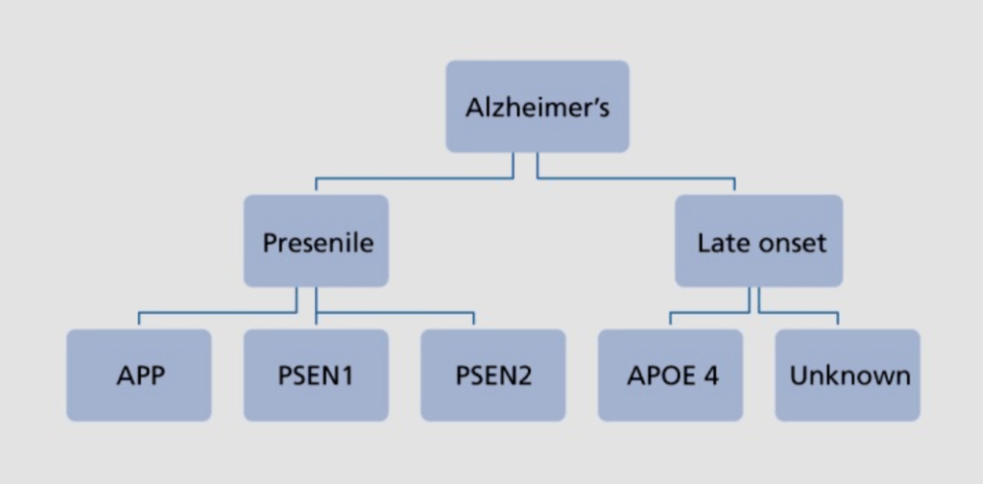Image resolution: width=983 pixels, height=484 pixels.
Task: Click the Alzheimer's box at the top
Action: click(x=537, y=107)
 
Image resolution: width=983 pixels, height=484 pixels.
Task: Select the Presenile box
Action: click(x=316, y=241)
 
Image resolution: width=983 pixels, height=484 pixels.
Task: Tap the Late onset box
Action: click(x=758, y=241)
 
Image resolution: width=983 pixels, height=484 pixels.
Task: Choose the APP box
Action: click(x=138, y=375)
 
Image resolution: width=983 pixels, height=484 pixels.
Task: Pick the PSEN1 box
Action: click(x=316, y=375)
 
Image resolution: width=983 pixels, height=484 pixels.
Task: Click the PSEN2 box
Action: click(x=492, y=375)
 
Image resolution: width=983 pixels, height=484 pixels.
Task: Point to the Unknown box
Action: click(x=848, y=375)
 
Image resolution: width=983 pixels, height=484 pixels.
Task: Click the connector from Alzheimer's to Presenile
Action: click(x=413, y=178)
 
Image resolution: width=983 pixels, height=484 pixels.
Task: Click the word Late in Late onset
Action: click(x=720, y=242)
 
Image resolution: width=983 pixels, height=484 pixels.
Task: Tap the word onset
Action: click(x=790, y=242)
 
